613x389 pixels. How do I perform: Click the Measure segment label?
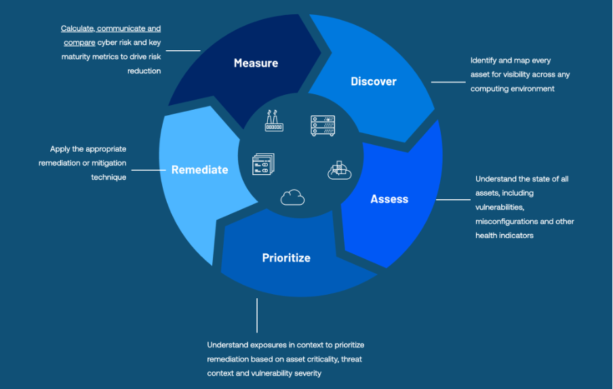pos(256,63)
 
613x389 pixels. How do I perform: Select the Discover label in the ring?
pos(373,81)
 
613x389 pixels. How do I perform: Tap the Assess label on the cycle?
pos(389,199)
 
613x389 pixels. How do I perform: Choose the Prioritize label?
pos(286,258)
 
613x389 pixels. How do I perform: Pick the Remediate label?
pos(199,169)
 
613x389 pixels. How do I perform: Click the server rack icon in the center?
pos(323,125)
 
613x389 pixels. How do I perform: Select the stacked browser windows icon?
pos(263,165)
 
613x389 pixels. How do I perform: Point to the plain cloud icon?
pos(292,197)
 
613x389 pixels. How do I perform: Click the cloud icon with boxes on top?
pos(340,170)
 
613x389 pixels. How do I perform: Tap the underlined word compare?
pos(79,43)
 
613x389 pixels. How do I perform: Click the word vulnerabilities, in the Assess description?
pos(501,207)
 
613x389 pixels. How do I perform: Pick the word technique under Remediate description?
pos(108,177)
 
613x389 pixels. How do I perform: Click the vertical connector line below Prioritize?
pos(257,315)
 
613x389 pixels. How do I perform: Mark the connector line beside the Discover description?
pos(448,82)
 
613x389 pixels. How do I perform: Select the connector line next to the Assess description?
pos(452,200)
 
